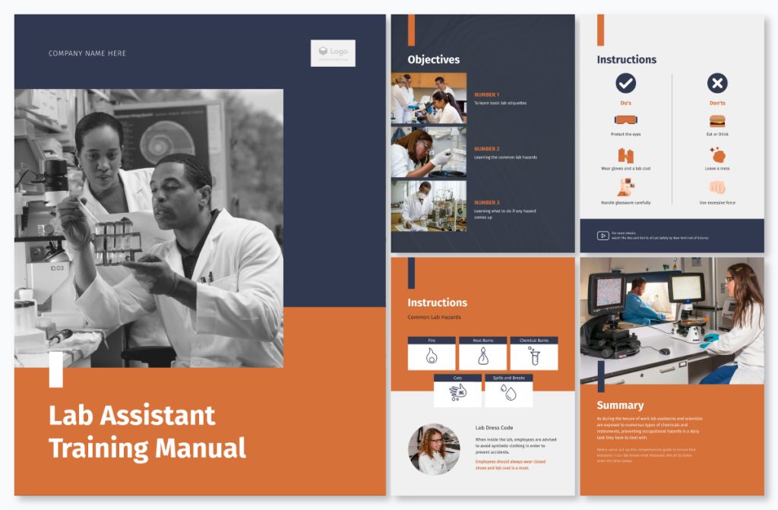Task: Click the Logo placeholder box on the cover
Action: [x=333, y=52]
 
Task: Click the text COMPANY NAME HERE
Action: [x=87, y=53]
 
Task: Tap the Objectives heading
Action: [x=433, y=59]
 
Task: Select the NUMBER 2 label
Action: [x=486, y=149]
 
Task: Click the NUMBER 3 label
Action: [x=486, y=202]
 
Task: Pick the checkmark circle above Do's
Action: [x=625, y=83]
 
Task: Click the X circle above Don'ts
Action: [x=717, y=83]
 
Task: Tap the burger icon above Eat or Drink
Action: [x=717, y=121]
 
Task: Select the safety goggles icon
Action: [x=625, y=120]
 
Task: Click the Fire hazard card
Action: [x=432, y=353]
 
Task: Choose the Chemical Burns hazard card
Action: [x=533, y=353]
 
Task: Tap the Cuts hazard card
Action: [x=457, y=391]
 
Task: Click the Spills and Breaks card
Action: [x=508, y=391]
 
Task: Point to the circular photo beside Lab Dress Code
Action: [x=434, y=449]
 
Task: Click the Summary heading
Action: [x=620, y=405]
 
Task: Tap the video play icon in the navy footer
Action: [x=602, y=236]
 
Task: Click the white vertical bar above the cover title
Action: [x=56, y=369]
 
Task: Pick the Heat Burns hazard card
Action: [x=482, y=353]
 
